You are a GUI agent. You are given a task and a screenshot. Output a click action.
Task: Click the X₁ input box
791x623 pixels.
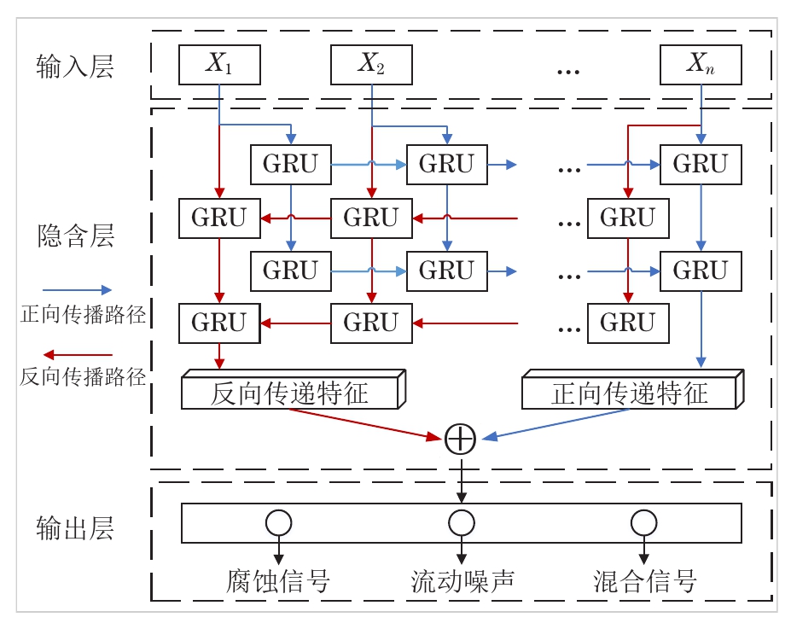click(x=219, y=65)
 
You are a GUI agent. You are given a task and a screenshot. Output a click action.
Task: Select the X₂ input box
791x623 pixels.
click(x=371, y=65)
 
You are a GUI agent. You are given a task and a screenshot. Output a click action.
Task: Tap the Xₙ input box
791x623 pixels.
click(x=701, y=65)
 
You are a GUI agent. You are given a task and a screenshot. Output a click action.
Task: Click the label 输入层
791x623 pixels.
click(x=75, y=67)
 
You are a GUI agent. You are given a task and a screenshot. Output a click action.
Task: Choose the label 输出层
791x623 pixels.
click(x=75, y=528)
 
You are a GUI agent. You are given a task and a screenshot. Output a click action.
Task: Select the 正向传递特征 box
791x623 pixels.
click(x=630, y=393)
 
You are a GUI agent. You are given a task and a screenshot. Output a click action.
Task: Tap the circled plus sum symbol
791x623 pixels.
click(x=461, y=439)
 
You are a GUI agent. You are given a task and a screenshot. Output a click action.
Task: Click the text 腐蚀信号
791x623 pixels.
click(x=278, y=581)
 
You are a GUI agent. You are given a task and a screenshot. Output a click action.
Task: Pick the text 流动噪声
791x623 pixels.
click(x=462, y=581)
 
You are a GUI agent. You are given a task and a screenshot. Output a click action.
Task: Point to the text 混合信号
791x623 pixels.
click(x=645, y=581)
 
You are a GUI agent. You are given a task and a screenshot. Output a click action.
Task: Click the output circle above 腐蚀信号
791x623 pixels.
click(x=278, y=522)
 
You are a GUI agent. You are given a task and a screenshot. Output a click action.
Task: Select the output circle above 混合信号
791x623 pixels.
click(x=643, y=522)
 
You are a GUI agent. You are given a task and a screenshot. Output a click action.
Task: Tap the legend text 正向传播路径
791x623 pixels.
click(x=83, y=315)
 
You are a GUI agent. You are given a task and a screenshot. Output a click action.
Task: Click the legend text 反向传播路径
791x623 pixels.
click(x=83, y=376)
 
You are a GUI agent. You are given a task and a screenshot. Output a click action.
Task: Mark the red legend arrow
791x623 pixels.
click(x=77, y=354)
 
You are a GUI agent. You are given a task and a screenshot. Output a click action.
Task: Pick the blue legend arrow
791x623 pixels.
click(x=77, y=290)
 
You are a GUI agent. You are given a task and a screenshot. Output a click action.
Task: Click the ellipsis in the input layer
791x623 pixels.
click(x=567, y=69)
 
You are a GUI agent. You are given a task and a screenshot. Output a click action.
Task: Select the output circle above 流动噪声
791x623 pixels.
click(x=462, y=522)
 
